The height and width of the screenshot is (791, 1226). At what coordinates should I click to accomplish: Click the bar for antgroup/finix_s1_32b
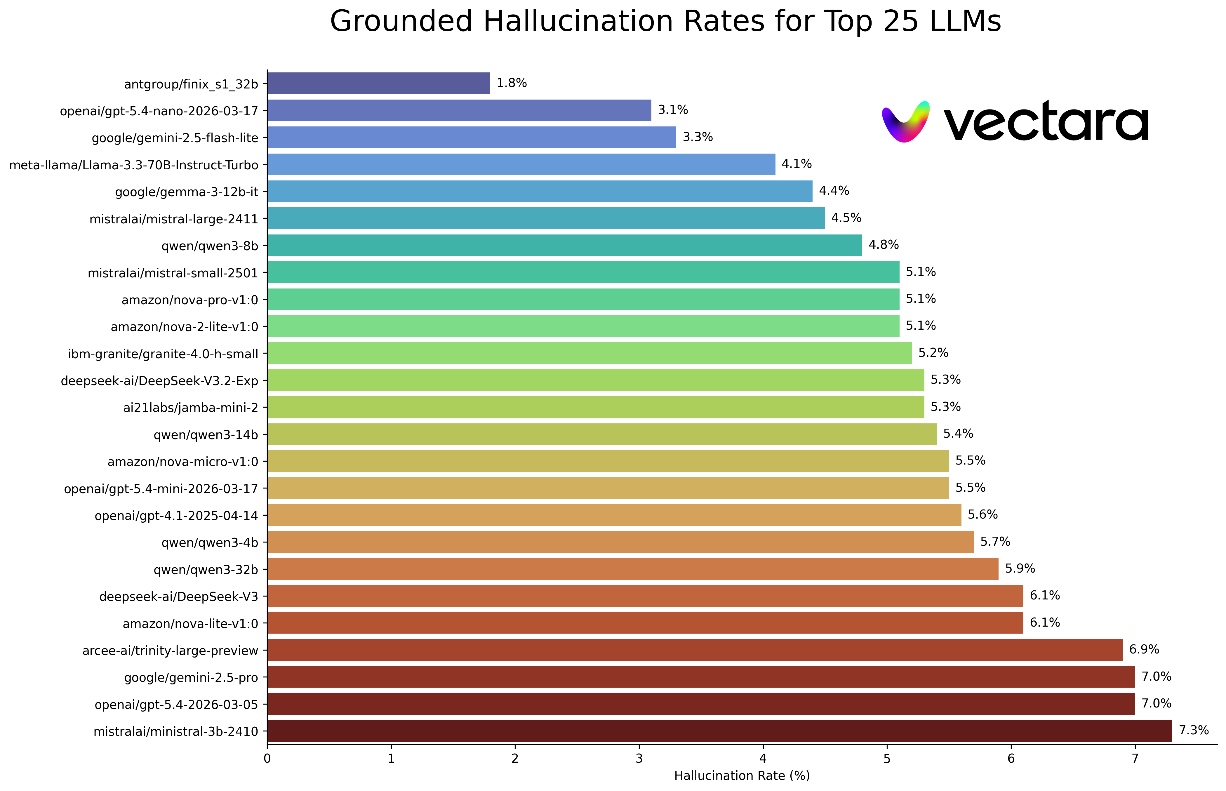tap(378, 83)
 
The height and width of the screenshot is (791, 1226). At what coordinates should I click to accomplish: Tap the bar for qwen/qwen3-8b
tap(564, 245)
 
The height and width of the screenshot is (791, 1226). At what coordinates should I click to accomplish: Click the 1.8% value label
tap(512, 83)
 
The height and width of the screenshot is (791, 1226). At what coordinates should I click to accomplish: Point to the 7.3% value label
tap(1194, 730)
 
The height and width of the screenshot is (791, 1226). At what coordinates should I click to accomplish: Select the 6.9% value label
tap(1144, 650)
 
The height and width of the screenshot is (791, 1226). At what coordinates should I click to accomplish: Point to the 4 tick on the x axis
tap(763, 759)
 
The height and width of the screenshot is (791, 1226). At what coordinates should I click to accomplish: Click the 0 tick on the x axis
tap(267, 759)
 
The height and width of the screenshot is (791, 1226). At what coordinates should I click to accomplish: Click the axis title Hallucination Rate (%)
tap(742, 776)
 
